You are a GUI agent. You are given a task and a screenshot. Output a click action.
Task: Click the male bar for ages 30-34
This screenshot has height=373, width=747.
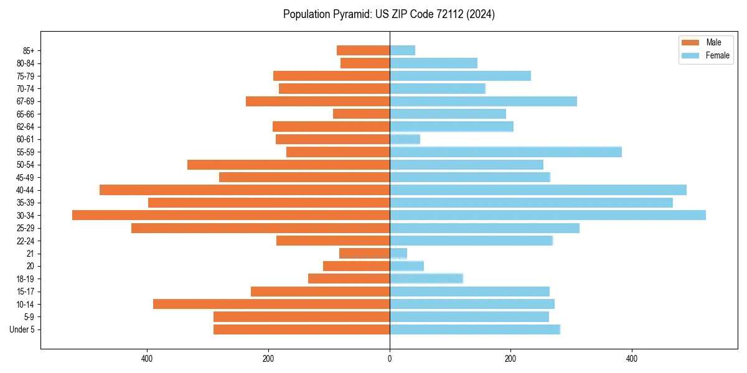click(x=230, y=215)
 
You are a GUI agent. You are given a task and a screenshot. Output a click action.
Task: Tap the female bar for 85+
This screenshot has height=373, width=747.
click(x=402, y=50)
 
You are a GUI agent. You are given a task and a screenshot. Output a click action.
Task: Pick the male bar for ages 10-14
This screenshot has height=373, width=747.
click(x=271, y=304)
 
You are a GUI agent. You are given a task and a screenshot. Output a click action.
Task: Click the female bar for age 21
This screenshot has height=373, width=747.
click(x=398, y=253)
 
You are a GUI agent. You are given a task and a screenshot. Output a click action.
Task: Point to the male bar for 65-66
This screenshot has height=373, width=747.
click(x=361, y=114)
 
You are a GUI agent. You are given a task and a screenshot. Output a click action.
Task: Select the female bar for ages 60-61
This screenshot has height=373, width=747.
click(x=405, y=139)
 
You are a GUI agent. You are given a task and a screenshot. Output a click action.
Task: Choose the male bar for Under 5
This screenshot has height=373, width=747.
click(x=301, y=329)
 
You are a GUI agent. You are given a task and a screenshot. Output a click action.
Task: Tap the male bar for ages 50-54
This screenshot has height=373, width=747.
click(x=288, y=165)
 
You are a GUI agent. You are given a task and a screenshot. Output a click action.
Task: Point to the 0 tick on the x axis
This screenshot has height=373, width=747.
click(x=390, y=359)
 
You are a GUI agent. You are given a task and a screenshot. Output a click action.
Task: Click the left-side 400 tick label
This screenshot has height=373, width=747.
click(x=148, y=359)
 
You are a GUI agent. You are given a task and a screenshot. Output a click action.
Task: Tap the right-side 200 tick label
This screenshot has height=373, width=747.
click(x=510, y=359)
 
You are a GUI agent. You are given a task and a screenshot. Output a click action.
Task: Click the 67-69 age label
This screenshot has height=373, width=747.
click(x=26, y=101)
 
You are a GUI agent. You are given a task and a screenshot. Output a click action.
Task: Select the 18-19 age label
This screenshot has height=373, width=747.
click(x=26, y=279)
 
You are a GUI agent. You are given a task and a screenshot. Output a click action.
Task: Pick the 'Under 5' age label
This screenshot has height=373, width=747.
click(x=22, y=329)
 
